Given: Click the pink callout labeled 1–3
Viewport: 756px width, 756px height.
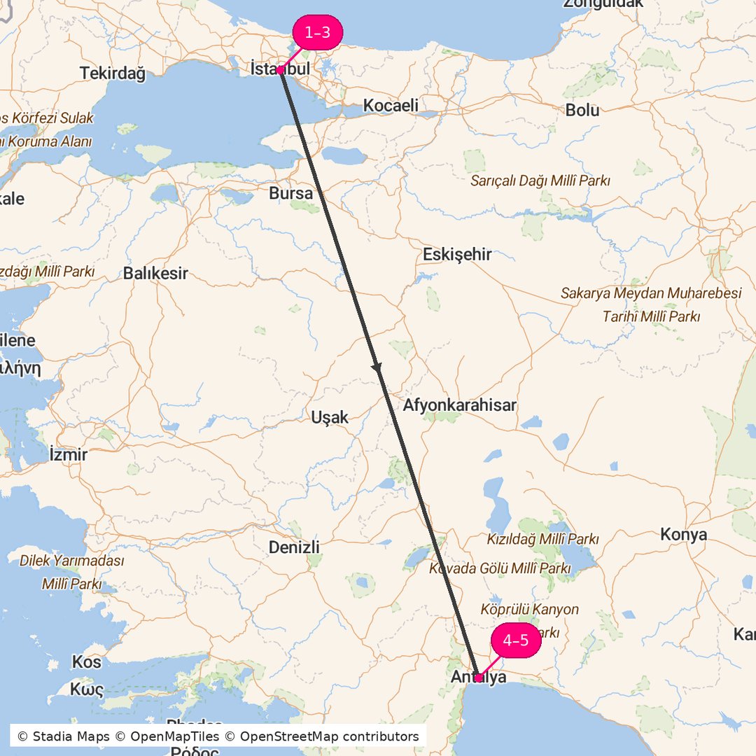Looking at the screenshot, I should (x=317, y=33).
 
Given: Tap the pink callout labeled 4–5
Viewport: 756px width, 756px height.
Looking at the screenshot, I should (x=516, y=640).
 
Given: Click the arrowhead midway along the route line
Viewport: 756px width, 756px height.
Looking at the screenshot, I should (x=377, y=367).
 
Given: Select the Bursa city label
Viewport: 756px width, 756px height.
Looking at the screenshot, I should (x=290, y=193).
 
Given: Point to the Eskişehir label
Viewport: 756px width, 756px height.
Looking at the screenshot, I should (x=457, y=255).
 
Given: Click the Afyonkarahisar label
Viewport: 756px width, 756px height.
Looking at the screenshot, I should (x=459, y=405).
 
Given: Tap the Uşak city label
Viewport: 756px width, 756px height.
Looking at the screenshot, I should (x=329, y=418).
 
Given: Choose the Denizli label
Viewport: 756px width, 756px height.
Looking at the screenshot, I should (x=294, y=547).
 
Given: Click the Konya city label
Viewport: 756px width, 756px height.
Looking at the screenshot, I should (x=683, y=535).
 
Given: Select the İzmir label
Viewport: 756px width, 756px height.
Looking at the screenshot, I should (x=69, y=455).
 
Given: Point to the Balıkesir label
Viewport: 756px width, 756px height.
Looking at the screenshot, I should (x=155, y=274).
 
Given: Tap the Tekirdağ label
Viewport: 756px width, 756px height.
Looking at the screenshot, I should (x=112, y=73).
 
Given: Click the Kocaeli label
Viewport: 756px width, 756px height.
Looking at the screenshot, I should (x=391, y=106).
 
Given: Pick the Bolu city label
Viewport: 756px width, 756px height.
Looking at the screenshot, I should (x=582, y=110).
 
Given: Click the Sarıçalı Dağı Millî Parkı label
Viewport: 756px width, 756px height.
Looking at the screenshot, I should (x=540, y=181).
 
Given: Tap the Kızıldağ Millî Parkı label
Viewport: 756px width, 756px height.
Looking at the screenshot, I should (x=542, y=540).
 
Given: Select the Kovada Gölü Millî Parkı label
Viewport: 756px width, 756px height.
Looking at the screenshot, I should (x=500, y=569).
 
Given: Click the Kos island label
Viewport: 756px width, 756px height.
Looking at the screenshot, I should (x=86, y=662).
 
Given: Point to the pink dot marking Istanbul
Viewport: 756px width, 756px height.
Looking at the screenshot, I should (x=279, y=70).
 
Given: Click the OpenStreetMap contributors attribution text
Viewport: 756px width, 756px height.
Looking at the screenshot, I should (x=329, y=736).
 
